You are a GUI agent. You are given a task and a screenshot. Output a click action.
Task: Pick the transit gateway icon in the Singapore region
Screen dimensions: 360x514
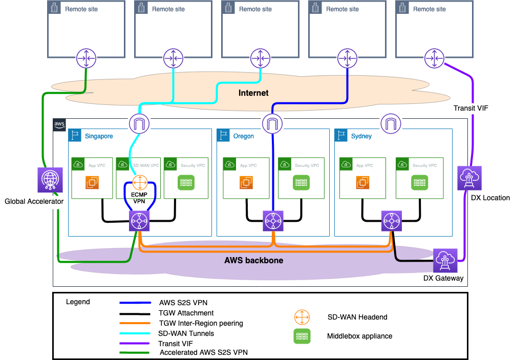[x=138, y=221]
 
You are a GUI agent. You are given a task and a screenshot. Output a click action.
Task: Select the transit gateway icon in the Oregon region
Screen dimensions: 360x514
[x=273, y=221]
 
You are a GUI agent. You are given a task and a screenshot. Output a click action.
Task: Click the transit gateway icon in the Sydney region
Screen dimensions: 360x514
[x=390, y=221]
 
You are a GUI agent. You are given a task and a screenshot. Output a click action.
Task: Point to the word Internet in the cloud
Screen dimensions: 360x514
[x=253, y=93]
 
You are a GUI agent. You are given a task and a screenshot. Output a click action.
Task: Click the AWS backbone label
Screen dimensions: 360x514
[x=253, y=260]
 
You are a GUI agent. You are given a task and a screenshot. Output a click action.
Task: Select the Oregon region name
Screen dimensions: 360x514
[x=243, y=137]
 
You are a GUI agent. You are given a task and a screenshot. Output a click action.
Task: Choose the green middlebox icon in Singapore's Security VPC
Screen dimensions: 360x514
[x=186, y=183]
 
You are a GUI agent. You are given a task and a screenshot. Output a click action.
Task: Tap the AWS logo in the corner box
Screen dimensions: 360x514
[x=59, y=124]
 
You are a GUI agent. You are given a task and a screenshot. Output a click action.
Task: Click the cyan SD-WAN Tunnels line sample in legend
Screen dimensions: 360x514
[x=135, y=333]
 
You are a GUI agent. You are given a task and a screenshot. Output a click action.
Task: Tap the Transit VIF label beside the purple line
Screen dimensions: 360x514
[x=467, y=108]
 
